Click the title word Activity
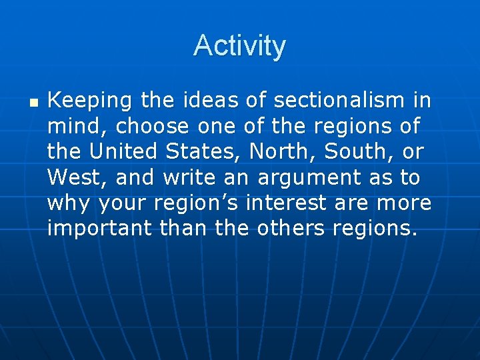coord(239,46)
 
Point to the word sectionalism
coord(338,101)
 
